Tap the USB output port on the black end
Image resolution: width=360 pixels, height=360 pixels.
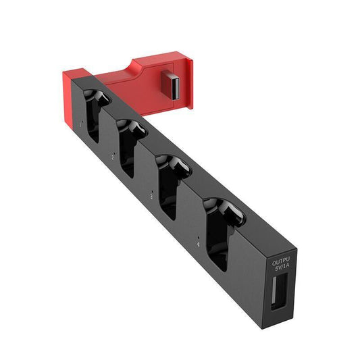click(279, 288)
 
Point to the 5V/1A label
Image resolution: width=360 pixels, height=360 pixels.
click(280, 268)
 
